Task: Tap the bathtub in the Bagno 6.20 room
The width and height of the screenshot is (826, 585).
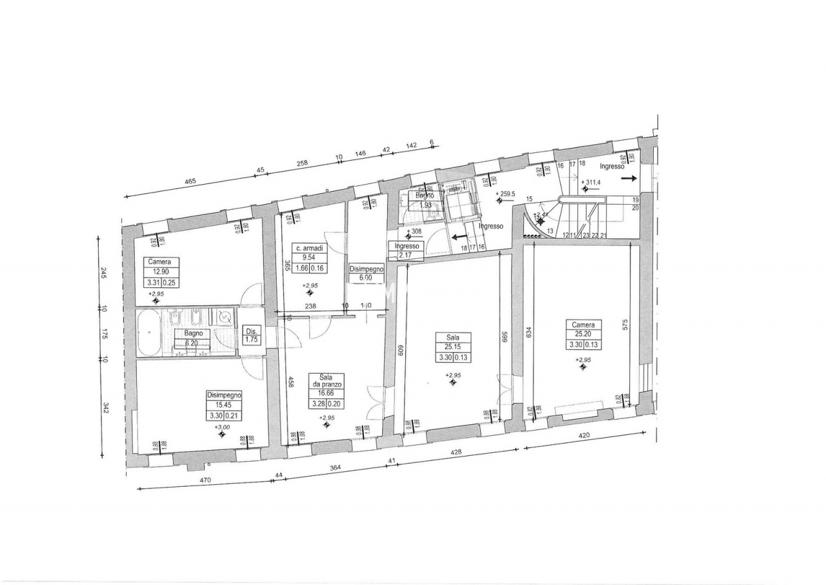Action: coord(149,333)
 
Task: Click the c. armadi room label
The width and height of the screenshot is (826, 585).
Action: coord(309,248)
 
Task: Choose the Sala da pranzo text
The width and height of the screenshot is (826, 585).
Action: coord(326,380)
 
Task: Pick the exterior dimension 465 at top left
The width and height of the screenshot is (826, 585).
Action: coord(190,182)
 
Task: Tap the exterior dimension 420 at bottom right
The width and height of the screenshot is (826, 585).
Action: coord(584,435)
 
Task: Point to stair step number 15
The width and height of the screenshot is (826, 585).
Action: coord(529,200)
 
